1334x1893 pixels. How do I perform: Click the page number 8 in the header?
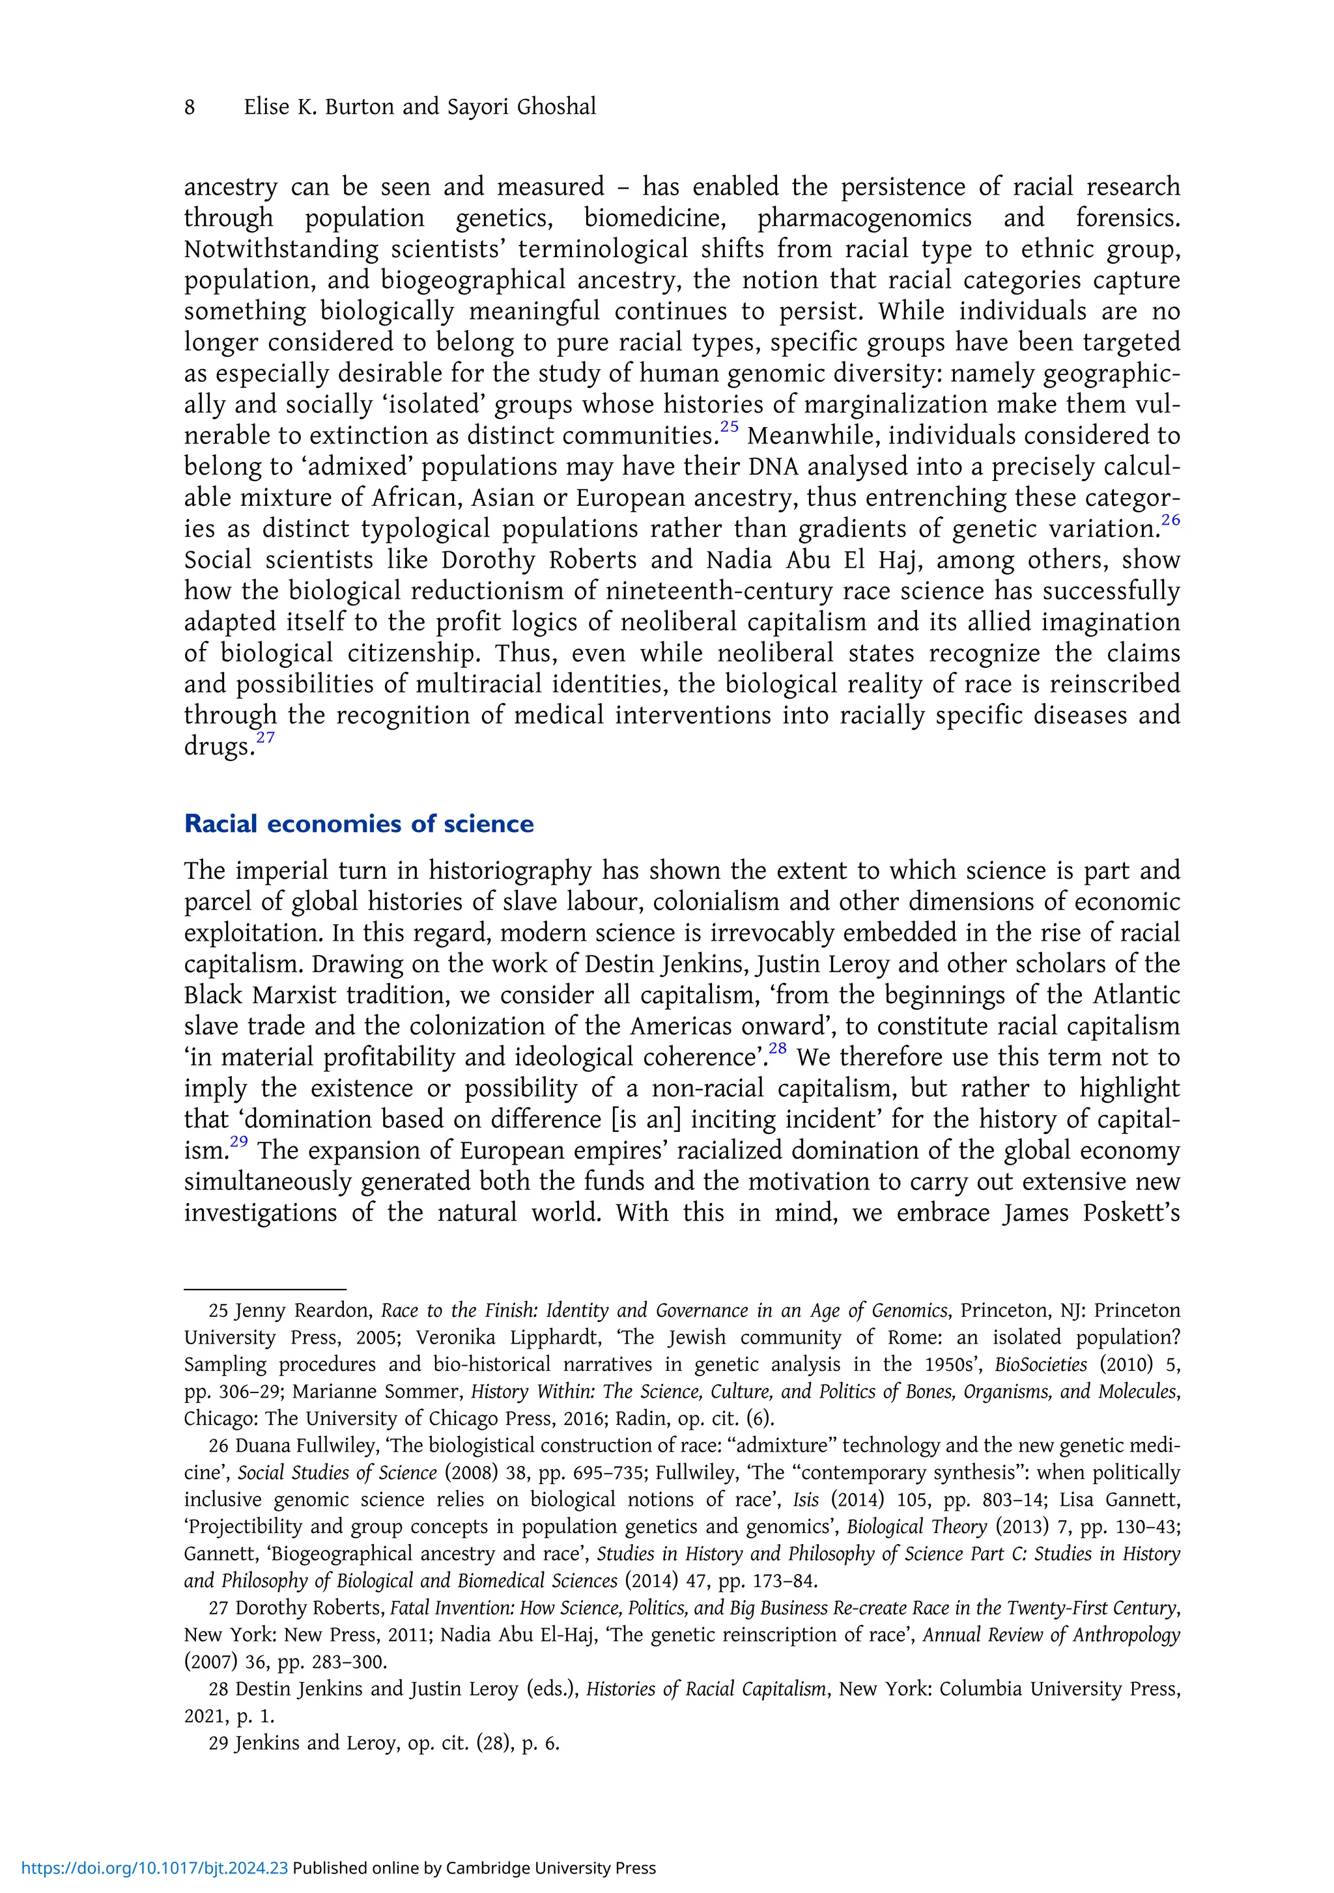(190, 108)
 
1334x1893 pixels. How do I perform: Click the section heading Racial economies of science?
(359, 823)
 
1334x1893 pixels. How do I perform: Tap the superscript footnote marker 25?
(730, 427)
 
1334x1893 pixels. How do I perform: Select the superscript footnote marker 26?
(1171, 520)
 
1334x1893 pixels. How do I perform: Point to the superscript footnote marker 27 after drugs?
(265, 737)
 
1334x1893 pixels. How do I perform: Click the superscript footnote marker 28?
(777, 1049)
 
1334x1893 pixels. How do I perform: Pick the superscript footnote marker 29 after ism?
(239, 1142)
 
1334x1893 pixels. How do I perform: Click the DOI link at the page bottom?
(154, 1868)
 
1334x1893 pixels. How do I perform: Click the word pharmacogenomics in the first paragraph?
(864, 219)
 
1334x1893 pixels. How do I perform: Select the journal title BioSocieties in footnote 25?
(1040, 1364)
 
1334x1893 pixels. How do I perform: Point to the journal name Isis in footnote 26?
(805, 1500)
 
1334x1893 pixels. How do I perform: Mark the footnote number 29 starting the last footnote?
(219, 1743)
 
